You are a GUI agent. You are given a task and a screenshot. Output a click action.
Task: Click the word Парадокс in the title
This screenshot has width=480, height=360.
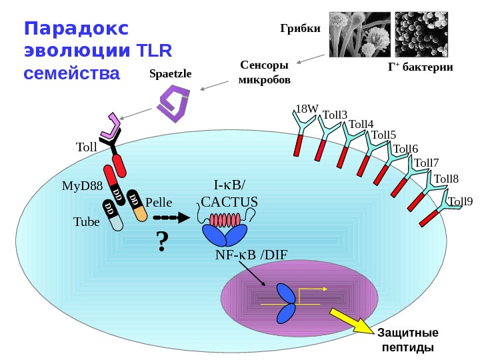pyautogui.click(x=73, y=29)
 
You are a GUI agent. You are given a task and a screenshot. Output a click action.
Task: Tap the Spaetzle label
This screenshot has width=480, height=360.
pyautogui.click(x=170, y=74)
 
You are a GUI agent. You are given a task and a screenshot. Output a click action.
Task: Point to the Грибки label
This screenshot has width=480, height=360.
pyautogui.click(x=300, y=29)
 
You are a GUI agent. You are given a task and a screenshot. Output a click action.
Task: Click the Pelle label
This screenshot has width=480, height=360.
pyautogui.click(x=159, y=201)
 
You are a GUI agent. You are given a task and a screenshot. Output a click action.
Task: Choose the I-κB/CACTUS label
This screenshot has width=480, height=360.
pyautogui.click(x=229, y=193)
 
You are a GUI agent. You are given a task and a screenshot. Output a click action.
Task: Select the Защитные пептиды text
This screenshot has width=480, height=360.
pyautogui.click(x=407, y=340)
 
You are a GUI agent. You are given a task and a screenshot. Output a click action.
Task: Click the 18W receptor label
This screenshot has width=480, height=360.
pyautogui.click(x=307, y=109)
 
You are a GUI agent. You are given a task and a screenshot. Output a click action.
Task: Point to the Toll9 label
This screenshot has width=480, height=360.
pyautogui.click(x=459, y=201)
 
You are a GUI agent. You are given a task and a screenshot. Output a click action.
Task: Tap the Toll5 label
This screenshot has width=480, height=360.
pyautogui.click(x=383, y=136)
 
